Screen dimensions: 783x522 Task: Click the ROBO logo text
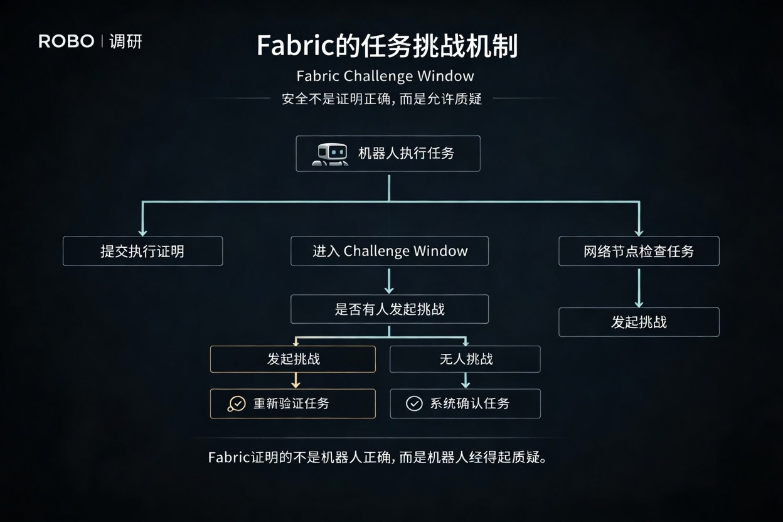(66, 42)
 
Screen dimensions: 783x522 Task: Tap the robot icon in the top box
(330, 154)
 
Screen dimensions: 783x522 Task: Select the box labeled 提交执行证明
(142, 251)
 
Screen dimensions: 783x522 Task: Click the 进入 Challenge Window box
(390, 251)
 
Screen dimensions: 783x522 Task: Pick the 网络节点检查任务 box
(639, 251)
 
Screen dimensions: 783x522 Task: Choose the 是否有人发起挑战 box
(390, 309)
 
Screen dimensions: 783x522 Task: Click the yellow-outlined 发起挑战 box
(293, 359)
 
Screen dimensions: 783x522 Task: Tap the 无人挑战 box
(465, 359)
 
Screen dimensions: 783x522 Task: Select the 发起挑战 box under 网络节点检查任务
(639, 322)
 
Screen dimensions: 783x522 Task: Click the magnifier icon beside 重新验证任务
(237, 404)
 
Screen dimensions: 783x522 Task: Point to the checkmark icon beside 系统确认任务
(414, 403)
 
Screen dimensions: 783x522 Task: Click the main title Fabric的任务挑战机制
(387, 46)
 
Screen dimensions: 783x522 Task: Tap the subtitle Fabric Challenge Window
(385, 77)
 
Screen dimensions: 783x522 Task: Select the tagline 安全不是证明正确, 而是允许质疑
(381, 99)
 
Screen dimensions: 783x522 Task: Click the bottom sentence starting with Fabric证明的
(377, 457)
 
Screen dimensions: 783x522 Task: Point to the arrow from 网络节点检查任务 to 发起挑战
(639, 287)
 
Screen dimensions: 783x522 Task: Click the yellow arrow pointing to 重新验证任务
(296, 380)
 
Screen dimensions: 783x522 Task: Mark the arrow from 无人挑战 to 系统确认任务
(466, 380)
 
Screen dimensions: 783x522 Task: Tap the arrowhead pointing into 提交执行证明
(142, 231)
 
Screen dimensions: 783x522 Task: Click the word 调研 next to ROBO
(125, 42)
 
